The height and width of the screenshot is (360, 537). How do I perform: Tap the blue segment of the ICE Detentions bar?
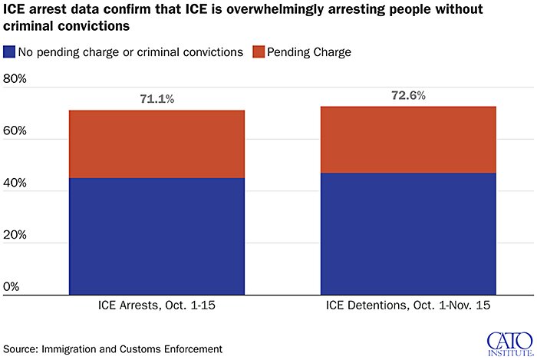tap(408, 233)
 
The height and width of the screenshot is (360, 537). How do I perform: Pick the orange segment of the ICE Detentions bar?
tap(408, 140)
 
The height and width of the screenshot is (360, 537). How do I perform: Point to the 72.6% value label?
tap(408, 96)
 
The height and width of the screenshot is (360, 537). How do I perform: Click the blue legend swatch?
tap(9, 52)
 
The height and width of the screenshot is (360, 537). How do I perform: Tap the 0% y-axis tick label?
tap(12, 287)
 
